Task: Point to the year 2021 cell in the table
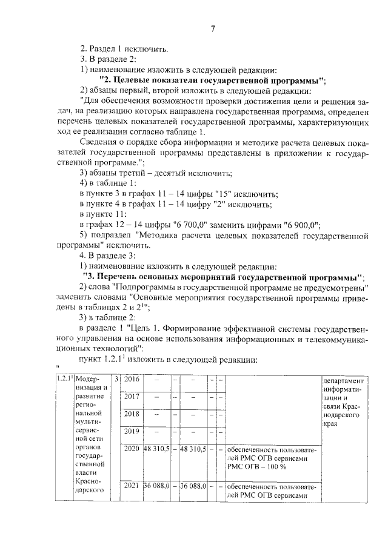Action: pyautogui.click(x=132, y=486)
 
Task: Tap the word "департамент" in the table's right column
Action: pyautogui.click(x=344, y=381)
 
